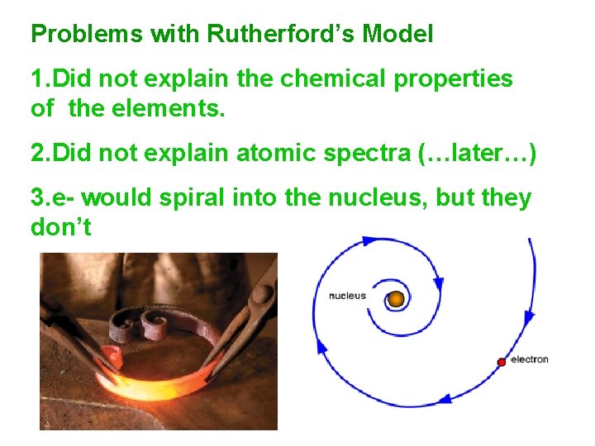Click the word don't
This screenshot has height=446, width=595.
[60, 225]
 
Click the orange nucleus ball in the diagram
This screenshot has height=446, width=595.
[397, 298]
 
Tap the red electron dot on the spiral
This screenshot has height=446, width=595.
[501, 362]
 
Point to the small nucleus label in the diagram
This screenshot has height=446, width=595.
[347, 296]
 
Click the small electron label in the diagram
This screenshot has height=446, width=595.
[530, 359]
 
